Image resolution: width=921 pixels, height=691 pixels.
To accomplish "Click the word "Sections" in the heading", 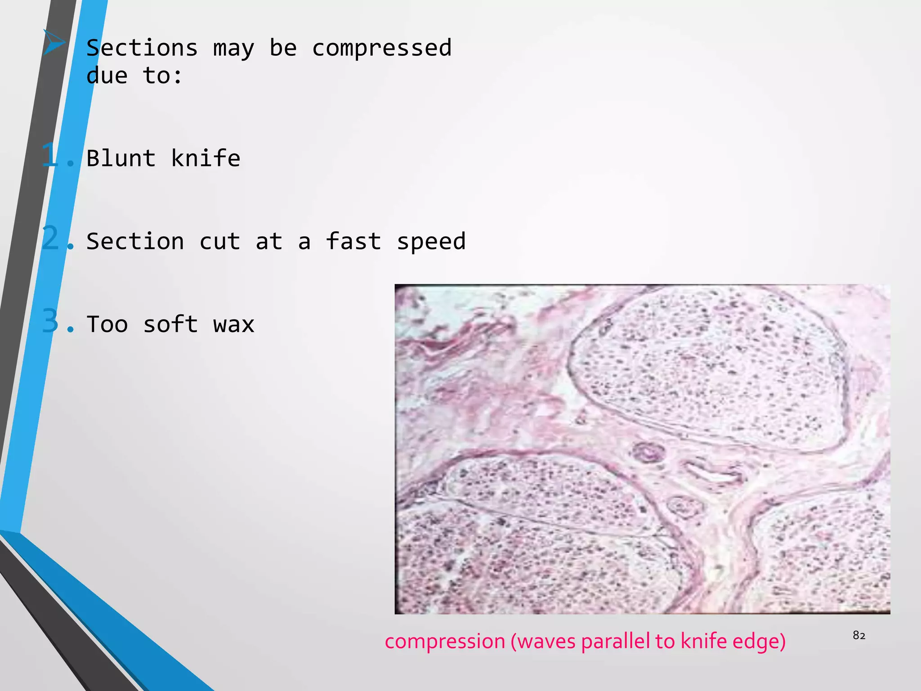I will click(142, 48).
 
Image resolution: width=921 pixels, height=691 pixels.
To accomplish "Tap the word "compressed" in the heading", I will click(382, 48).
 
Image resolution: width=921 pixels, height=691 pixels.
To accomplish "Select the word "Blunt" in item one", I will click(121, 158).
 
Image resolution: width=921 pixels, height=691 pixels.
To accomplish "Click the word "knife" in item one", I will click(206, 158).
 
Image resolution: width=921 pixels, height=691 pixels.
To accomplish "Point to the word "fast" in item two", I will click(353, 241).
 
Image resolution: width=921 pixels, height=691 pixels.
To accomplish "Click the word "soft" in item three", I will click(170, 324).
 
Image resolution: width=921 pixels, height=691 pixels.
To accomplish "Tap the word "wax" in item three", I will click(234, 325).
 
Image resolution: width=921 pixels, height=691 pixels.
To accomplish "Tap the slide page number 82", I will click(859, 635).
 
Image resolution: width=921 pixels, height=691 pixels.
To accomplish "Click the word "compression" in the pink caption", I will click(445, 641).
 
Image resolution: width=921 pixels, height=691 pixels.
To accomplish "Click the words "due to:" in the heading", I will click(134, 76).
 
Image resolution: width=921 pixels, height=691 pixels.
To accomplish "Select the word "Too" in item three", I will click(107, 324).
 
